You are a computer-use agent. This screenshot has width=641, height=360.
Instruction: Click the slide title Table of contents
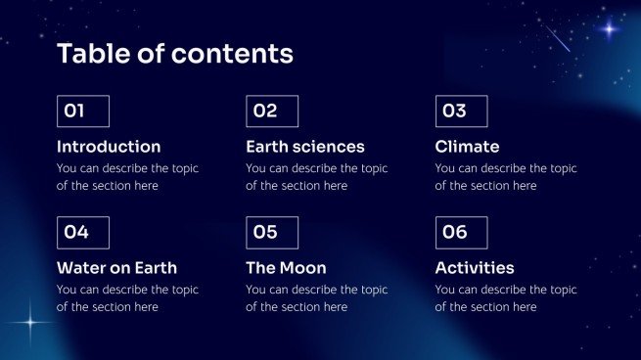174,54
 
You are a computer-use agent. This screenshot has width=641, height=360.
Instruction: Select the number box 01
82,112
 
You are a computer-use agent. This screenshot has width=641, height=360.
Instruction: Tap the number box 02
272,112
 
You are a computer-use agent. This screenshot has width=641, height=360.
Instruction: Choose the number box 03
461,112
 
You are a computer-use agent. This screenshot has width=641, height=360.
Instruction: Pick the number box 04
82,233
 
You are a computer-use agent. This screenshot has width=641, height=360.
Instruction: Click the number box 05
272,233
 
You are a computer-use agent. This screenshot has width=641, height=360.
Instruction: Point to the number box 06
461,233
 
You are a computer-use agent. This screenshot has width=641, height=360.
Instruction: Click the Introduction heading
109,147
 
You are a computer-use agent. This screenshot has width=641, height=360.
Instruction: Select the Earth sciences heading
304,147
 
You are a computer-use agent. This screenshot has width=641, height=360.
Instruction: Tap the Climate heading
467,147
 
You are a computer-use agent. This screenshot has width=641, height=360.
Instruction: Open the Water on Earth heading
116,268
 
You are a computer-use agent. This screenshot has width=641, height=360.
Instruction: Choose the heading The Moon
286,268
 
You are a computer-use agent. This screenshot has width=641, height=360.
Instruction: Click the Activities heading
475,268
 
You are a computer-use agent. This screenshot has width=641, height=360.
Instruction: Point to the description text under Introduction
127,177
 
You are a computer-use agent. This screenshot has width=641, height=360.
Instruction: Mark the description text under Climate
506,177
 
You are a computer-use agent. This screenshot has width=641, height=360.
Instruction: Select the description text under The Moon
316,298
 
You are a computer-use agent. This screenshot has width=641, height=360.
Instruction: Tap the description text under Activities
506,298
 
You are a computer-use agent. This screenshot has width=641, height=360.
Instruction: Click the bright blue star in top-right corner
609,29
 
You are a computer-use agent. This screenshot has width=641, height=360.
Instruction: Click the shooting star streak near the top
556,38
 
